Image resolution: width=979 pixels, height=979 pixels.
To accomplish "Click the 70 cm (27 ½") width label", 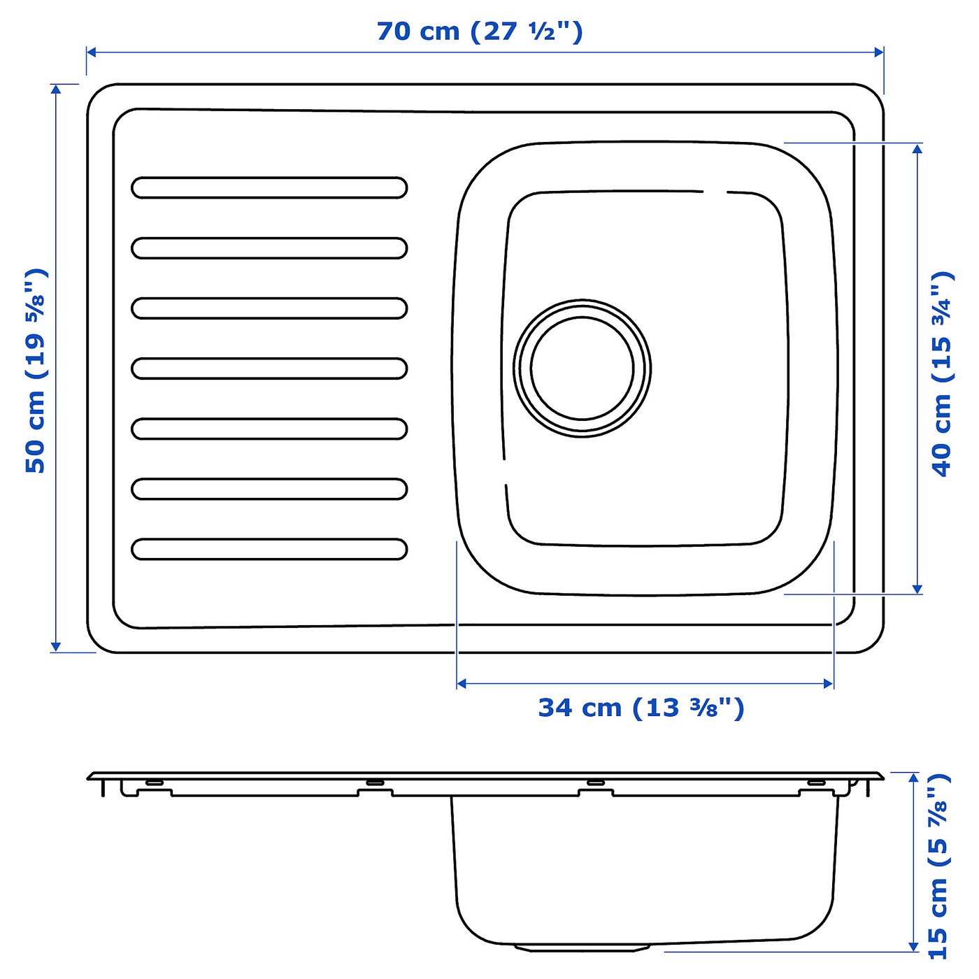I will (480, 31).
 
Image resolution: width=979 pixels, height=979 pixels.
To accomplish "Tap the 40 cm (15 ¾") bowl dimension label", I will (942, 374).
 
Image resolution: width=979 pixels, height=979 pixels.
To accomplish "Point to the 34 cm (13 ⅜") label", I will (641, 708).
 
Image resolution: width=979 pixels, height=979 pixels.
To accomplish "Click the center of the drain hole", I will (582, 369).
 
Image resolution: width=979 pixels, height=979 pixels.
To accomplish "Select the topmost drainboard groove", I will (269, 187).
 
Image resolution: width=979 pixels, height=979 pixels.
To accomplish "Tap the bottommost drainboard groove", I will (269, 549).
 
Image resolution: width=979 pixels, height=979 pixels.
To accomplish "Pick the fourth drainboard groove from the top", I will (269, 369).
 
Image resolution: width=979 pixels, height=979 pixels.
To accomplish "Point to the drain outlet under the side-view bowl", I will (582, 948).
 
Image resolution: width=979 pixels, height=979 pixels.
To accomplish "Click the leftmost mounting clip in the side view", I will (155, 782).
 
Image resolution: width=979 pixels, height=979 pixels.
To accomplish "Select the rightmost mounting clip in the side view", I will (816, 782).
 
